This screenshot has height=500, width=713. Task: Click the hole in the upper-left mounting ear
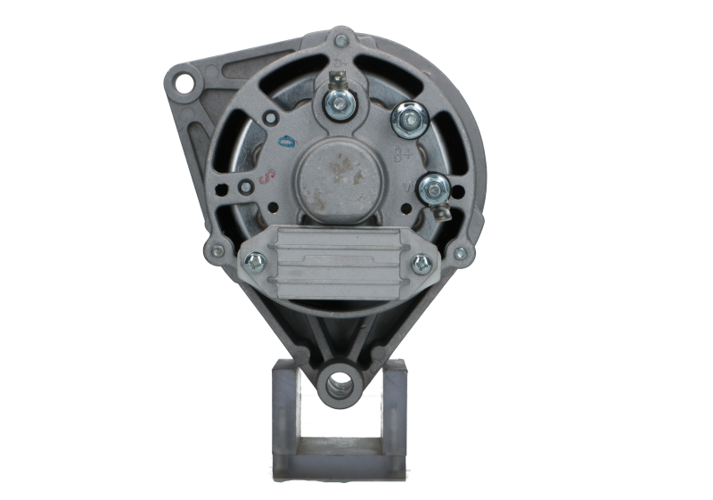pos(184,84)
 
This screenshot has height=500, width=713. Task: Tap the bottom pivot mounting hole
pos(340,386)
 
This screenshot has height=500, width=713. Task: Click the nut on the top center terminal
pos(339,104)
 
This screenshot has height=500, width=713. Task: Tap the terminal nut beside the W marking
pos(433,186)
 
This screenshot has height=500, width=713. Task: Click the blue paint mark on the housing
pos(287,141)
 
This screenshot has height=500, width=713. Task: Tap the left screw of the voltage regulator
pos(254,260)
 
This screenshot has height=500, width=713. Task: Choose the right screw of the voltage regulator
pos(422,263)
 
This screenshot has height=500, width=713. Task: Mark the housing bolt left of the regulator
pos(217,250)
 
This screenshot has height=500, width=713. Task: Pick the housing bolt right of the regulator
pos(460,254)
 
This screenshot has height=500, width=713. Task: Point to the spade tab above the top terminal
pos(337,78)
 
